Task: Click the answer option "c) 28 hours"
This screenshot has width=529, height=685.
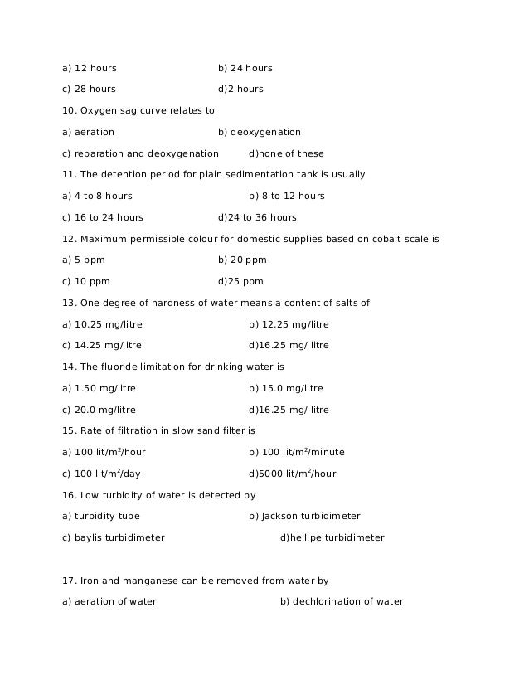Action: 89,90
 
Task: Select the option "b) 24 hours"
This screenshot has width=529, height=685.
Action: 245,68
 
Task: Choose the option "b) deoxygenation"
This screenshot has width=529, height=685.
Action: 259,133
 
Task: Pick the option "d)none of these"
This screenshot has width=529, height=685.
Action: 286,154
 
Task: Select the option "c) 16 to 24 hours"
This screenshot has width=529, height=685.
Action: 102,218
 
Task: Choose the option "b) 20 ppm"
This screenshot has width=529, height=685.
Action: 242,260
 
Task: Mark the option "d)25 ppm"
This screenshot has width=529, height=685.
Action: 240,282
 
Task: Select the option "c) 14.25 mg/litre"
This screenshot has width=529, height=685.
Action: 102,346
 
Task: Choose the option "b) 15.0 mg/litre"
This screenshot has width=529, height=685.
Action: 285,389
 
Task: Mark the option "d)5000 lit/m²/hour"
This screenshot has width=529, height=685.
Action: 292,474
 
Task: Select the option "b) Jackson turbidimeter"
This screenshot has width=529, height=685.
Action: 304,517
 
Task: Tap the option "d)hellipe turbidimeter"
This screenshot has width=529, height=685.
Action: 332,538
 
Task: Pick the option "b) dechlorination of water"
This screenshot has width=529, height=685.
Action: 342,602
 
